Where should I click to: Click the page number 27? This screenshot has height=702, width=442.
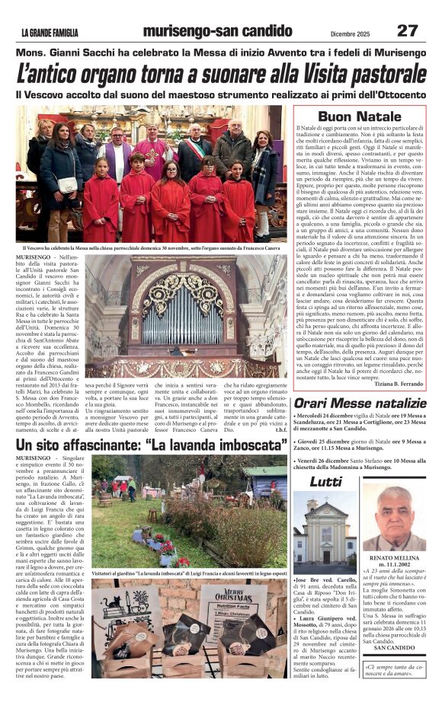(x=408, y=30)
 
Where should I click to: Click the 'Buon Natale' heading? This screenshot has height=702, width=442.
(x=359, y=116)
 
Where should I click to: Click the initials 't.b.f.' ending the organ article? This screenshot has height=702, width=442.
(x=281, y=429)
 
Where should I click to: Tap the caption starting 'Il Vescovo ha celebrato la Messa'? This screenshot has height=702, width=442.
(x=152, y=248)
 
